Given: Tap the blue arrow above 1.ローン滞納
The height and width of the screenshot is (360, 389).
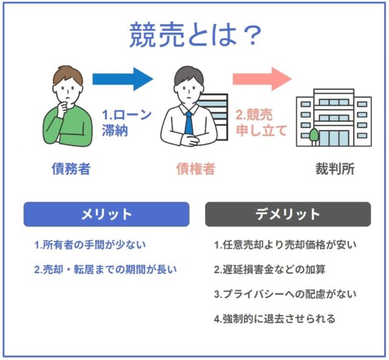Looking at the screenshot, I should coord(122,78).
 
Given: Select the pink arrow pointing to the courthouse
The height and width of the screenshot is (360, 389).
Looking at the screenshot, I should coord(262,78).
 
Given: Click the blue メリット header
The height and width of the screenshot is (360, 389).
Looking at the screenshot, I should coord(106,214).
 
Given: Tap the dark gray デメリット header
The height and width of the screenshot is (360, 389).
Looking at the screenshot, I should coord(287,214).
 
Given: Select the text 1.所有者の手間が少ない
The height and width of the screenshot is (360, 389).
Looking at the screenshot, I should coord(90,245).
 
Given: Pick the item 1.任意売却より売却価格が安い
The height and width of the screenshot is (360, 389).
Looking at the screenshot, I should coord(285,245).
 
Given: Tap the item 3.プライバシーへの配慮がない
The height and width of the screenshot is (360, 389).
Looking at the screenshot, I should coord(285,294).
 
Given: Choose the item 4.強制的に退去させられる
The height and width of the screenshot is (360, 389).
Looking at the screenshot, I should coord(275,319).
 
